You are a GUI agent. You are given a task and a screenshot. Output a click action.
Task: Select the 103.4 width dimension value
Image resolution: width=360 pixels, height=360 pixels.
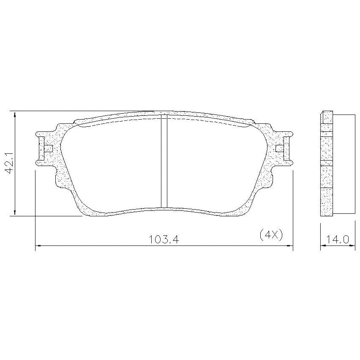164,240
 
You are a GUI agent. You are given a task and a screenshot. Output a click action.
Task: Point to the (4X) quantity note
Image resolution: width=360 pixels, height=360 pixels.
271,235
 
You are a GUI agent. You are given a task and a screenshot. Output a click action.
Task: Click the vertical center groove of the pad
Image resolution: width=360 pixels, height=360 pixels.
164,161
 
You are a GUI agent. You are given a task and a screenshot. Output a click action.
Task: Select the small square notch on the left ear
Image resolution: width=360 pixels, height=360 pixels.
49,149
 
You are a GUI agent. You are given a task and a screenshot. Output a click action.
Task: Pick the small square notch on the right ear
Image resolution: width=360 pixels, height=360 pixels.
280,149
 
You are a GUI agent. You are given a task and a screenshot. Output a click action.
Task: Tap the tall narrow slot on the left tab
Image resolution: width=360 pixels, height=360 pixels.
41,148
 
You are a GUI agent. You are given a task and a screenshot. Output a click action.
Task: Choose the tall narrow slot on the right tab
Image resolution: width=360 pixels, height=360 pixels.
286,148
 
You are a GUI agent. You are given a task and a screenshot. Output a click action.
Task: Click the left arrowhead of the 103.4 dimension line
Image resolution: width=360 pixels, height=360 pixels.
38,246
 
